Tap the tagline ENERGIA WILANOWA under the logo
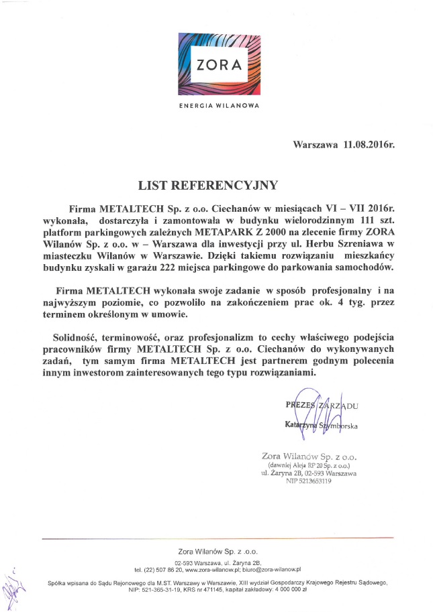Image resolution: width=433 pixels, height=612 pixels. click(216, 106)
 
